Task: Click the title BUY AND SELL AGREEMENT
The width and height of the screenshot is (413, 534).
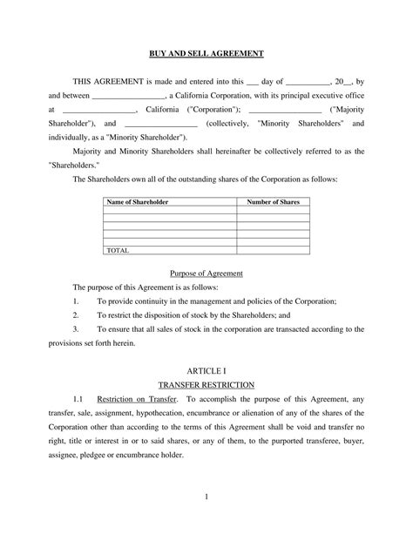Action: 206,54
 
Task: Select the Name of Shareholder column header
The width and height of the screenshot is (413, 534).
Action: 137,202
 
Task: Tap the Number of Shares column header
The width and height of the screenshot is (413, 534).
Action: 272,202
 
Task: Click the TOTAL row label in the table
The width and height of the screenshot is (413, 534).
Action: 117,250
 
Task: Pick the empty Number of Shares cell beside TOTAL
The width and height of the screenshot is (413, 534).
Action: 272,250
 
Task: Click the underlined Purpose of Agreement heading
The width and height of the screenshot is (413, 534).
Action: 206,274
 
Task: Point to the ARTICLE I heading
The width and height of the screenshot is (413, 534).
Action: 206,370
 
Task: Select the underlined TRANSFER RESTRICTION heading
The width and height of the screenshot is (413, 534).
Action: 206,384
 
